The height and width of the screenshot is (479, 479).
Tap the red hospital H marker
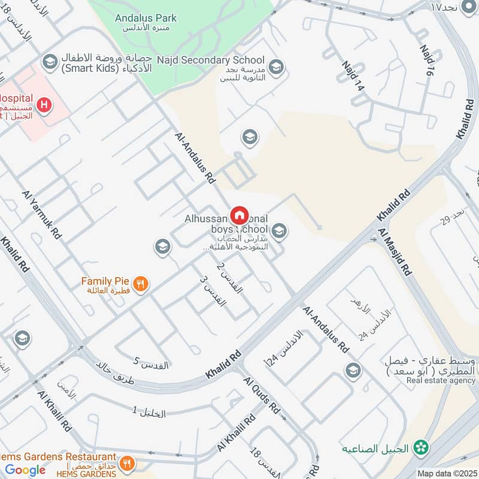pyautogui.click(x=44, y=106)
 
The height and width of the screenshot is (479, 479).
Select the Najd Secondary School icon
pyautogui.click(x=276, y=66)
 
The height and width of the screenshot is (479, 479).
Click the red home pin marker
pyautogui.click(x=239, y=214)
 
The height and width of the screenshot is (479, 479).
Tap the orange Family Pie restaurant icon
pyautogui.click(x=141, y=284)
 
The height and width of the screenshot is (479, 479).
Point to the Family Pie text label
pyautogui.click(x=105, y=280)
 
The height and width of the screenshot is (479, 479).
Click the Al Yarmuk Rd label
pyautogui.click(x=43, y=215)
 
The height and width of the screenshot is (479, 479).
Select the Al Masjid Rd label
pyautogui.click(x=395, y=251)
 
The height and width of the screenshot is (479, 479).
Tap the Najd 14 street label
pyautogui.click(x=353, y=75)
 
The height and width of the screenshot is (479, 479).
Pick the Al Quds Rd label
pyautogui.click(x=262, y=395)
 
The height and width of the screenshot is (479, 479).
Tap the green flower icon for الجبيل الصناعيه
pyautogui.click(x=423, y=447)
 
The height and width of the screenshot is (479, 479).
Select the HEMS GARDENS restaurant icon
pyautogui.click(x=126, y=463)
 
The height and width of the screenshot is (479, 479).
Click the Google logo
pyautogui.click(x=25, y=470)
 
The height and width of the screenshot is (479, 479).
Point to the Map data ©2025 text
pyautogui.click(x=447, y=474)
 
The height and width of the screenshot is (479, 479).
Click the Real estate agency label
pyautogui.click(x=441, y=380)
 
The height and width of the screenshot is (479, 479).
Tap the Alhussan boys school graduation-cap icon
pyautogui.click(x=278, y=231)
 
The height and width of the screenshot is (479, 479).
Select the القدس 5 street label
pyautogui.click(x=151, y=362)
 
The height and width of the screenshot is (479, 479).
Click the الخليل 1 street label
pyautogui.click(x=157, y=412)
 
